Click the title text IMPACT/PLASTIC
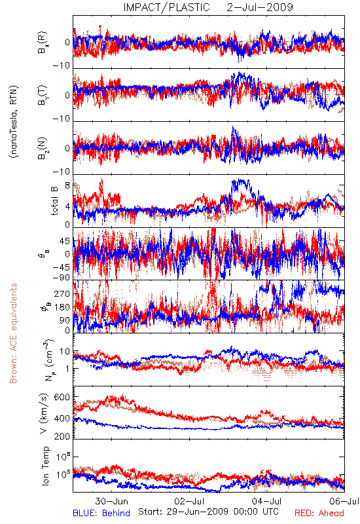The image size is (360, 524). click(167, 7)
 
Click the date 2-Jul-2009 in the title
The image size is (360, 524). click(260, 7)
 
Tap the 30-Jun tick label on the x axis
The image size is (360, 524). click(111, 501)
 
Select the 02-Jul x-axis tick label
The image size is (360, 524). click(189, 501)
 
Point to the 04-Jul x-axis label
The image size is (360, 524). click(267, 501)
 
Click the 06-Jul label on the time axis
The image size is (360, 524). click(344, 501)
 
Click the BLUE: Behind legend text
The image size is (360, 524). click(101, 513)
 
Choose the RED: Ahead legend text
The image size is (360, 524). click(319, 513)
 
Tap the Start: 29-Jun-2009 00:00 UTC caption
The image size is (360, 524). click(208, 512)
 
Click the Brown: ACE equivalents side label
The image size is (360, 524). click(13, 333)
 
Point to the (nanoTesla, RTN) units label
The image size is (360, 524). click(14, 122)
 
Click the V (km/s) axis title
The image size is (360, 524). click(44, 413)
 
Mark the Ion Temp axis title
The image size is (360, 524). click(45, 466)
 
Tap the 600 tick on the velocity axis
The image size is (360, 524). click(62, 397)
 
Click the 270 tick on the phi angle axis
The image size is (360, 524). click(62, 293)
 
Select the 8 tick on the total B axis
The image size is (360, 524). click(67, 185)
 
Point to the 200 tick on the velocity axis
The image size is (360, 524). click(62, 436)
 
